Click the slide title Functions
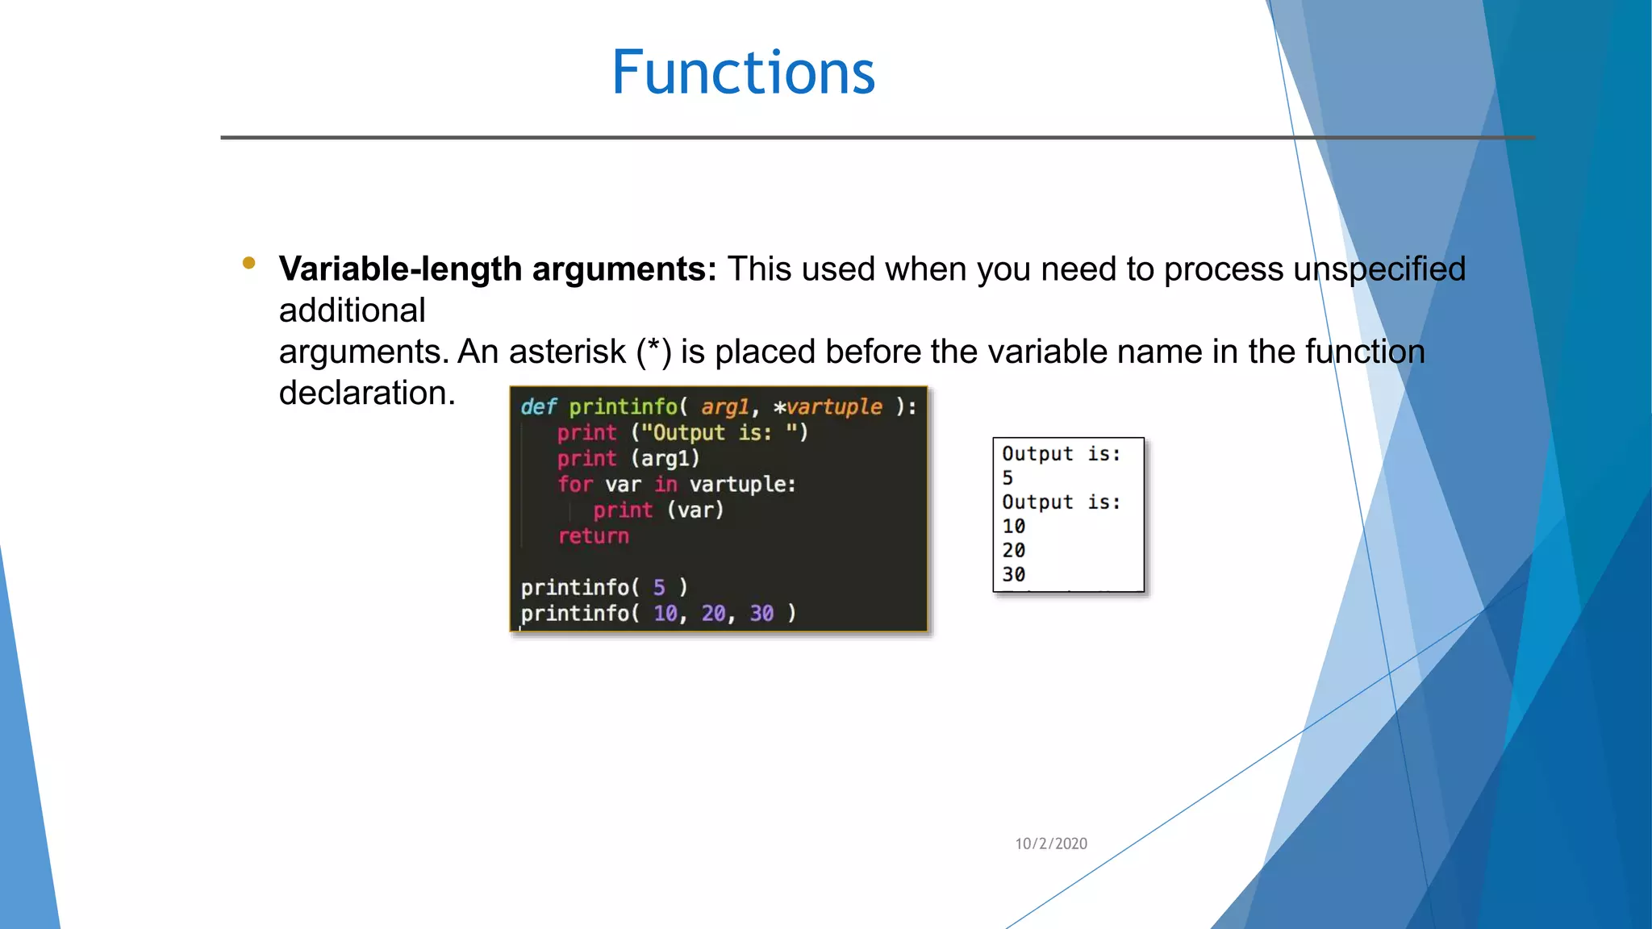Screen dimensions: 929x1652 tap(743, 73)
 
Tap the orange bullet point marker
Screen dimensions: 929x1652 tap(248, 263)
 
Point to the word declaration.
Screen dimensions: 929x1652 tap(367, 394)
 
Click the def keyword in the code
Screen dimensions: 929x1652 tap(538, 407)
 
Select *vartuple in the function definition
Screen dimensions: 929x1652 tap(828, 407)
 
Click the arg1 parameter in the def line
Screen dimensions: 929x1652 tap(724, 407)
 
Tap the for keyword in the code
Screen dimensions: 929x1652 tap(574, 485)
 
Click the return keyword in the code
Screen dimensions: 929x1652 tap(593, 536)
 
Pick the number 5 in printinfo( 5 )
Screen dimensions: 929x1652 tap(659, 588)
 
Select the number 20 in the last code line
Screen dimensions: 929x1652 tap(713, 614)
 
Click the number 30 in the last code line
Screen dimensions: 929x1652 tap(761, 614)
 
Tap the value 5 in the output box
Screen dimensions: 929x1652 tap(1007, 478)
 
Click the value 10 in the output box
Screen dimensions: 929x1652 tap(1013, 527)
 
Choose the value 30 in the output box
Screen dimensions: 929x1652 tap(1013, 575)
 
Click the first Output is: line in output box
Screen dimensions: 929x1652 tap(1061, 454)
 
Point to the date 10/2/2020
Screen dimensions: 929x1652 tap(1050, 844)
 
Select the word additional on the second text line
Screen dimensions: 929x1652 tap(352, 311)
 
